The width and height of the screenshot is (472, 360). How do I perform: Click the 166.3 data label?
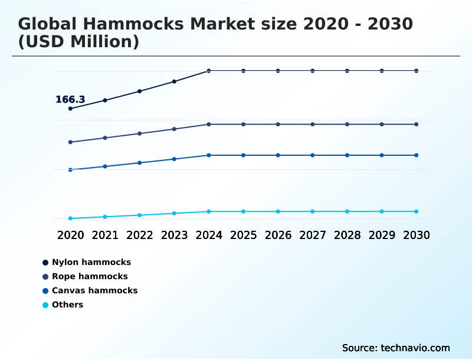coord(70,100)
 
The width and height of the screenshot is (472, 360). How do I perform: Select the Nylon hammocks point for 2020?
coord(70,109)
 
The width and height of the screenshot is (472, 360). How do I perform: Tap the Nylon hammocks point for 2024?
coord(209,71)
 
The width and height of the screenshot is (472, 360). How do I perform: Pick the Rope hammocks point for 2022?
coord(140,133)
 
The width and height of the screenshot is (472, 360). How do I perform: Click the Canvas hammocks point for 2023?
coord(174,159)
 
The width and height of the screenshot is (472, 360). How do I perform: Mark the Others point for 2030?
coord(417,211)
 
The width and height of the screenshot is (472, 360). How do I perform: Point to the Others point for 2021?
coord(105,217)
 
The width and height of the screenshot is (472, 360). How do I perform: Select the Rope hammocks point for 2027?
coord(313,125)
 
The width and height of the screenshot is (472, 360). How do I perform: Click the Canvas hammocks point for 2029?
coord(382,155)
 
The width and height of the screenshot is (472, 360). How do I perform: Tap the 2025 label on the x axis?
coord(243,235)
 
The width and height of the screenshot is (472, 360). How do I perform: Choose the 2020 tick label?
coord(70,235)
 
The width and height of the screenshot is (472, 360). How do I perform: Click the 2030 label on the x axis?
coord(417,235)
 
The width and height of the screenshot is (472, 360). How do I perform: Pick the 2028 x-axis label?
coord(347,235)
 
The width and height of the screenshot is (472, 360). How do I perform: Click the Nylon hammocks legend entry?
coord(91,262)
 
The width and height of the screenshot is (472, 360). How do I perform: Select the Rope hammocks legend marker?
coord(45,276)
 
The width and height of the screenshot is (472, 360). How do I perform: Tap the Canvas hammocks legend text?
coord(94,290)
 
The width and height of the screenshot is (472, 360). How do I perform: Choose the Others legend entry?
coord(67,305)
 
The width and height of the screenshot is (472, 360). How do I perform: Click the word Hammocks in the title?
coord(132,24)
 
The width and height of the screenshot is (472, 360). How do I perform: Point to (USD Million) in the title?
coord(78,42)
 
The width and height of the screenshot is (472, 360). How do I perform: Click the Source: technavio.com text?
coord(396,348)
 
